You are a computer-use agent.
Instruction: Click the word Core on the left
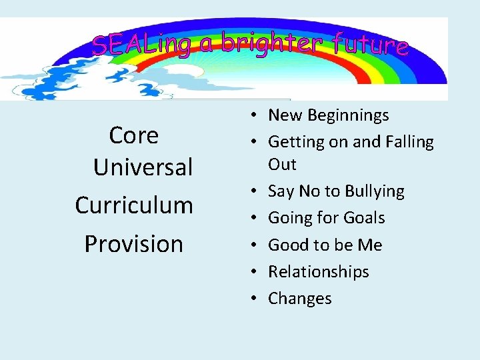133,136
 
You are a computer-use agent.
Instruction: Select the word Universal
143,167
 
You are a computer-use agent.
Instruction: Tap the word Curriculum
134,205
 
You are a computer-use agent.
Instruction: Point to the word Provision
133,244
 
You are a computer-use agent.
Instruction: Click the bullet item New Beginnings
328,115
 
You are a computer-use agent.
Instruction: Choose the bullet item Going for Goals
326,218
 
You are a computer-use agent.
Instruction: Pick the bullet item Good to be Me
325,245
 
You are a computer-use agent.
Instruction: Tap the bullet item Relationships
318,271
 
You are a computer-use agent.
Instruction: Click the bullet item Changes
299,298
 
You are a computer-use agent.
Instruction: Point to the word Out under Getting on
282,164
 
